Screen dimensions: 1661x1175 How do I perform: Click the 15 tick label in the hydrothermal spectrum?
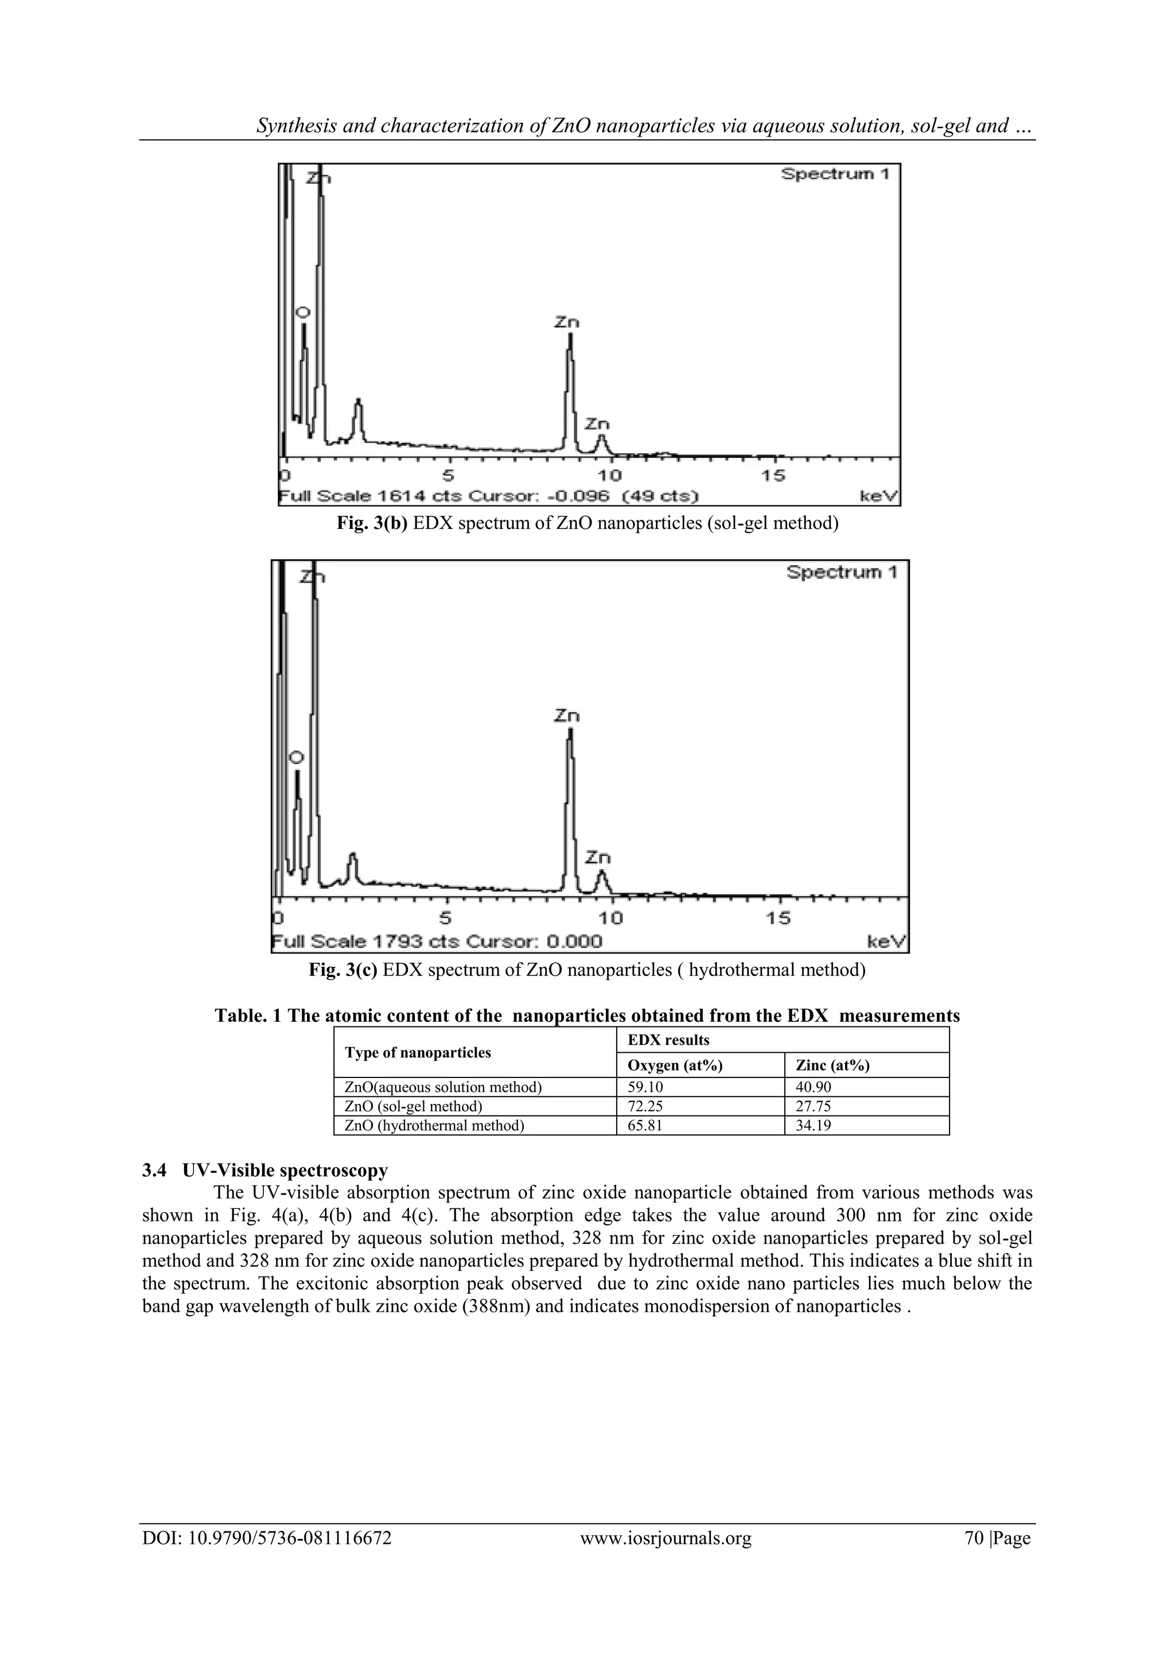coord(778,918)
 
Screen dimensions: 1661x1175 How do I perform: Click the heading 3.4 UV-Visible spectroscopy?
coord(265,1170)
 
